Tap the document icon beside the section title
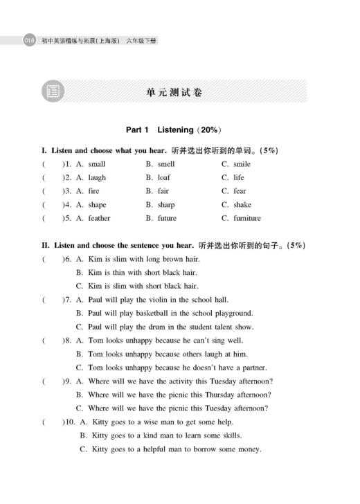tap(52, 91)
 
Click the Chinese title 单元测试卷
tap(174, 91)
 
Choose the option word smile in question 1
tap(242, 164)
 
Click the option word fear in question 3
tap(240, 191)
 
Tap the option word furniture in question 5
tap(247, 218)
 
